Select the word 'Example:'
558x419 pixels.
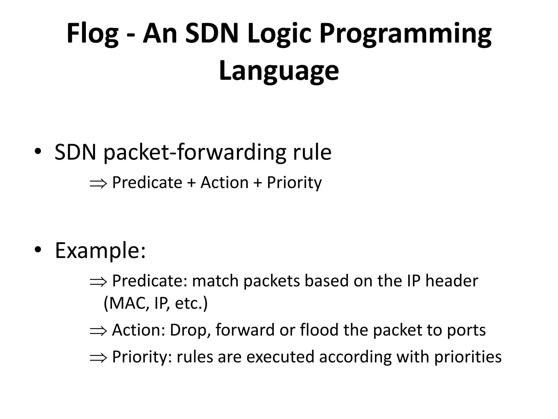coord(100,251)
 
